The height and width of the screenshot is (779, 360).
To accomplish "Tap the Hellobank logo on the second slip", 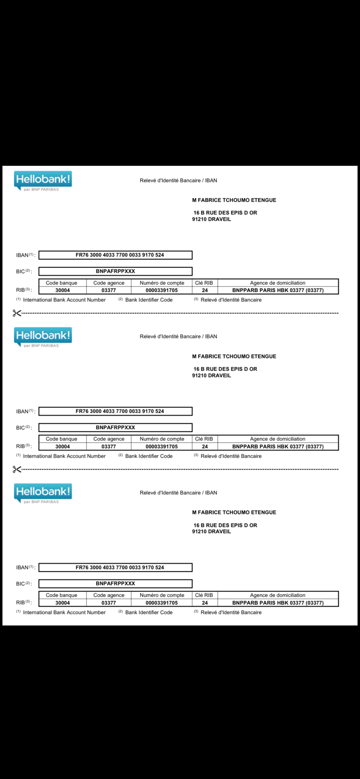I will point(43,337).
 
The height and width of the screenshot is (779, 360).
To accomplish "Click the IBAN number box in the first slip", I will point(115,255).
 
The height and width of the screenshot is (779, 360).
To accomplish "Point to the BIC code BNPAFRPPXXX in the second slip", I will point(115,427).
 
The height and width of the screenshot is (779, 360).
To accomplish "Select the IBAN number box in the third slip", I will point(115,567).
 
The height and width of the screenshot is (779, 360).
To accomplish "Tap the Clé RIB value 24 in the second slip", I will point(205,446).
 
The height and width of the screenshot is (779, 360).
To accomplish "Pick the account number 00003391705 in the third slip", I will point(161,603).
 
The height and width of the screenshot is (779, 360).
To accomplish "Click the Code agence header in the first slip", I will point(109,283).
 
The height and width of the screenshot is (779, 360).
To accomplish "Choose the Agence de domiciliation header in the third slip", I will point(277,595).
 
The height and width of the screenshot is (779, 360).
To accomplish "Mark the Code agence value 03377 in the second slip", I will point(109,446).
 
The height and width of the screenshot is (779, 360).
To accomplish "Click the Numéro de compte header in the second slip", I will point(162,439).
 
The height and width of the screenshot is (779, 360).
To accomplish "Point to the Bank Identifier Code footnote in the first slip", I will point(148,300).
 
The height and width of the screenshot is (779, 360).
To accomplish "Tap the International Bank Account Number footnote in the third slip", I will point(64,612).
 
